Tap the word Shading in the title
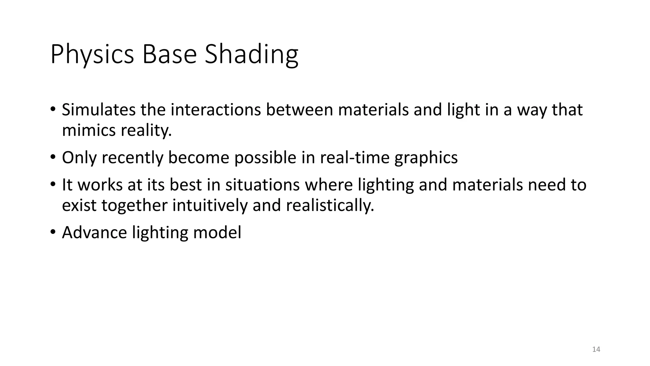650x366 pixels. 251,55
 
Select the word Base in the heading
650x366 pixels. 169,55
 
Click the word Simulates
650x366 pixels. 98,110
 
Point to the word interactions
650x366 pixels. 216,110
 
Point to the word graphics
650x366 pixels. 426,158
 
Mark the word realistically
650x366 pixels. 330,205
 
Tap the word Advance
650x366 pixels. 94,233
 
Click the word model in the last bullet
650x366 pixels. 217,233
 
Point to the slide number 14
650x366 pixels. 596,349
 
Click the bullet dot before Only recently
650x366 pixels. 53,157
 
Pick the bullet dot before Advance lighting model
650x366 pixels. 53,232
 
